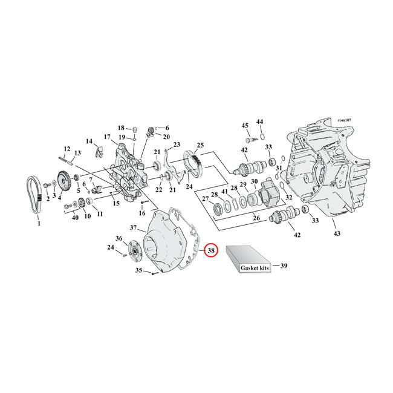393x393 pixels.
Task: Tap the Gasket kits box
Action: (x=248, y=261)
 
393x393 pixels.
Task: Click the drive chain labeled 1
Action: (x=35, y=193)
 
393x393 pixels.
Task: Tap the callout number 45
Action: (x=245, y=125)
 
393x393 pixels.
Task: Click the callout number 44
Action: (x=260, y=122)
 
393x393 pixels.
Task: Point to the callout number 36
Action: (x=119, y=239)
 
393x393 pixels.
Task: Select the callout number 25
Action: (x=200, y=146)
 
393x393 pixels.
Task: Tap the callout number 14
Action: (x=89, y=141)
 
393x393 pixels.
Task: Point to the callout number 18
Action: (x=121, y=128)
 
